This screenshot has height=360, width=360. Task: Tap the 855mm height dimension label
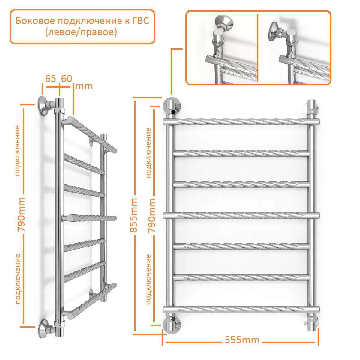coord(133,215)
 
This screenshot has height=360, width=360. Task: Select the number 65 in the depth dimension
coord(50,79)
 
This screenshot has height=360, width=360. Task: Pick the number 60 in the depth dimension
coord(67,79)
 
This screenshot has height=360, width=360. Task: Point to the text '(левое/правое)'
coord(81,32)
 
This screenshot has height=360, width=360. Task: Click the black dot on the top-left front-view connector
coord(174,112)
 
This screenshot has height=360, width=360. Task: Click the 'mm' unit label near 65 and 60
coord(84,86)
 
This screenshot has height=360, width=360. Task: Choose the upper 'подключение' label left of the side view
coord(17,151)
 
